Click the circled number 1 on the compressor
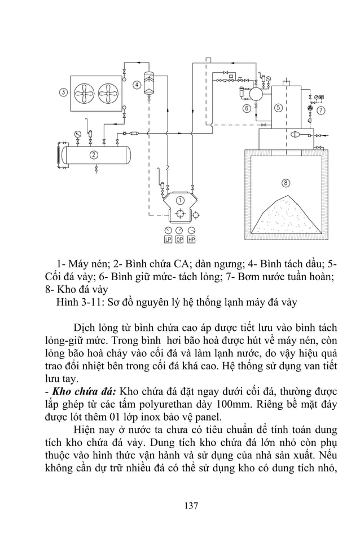pyautogui.click(x=179, y=200)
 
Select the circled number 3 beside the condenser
pyautogui.click(x=63, y=92)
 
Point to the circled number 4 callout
pyautogui.click(x=137, y=85)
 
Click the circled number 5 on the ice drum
pyautogui.click(x=278, y=108)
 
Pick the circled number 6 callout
pyautogui.click(x=247, y=108)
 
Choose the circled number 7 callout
pyautogui.click(x=321, y=110)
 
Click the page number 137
pyautogui.click(x=191, y=506)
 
